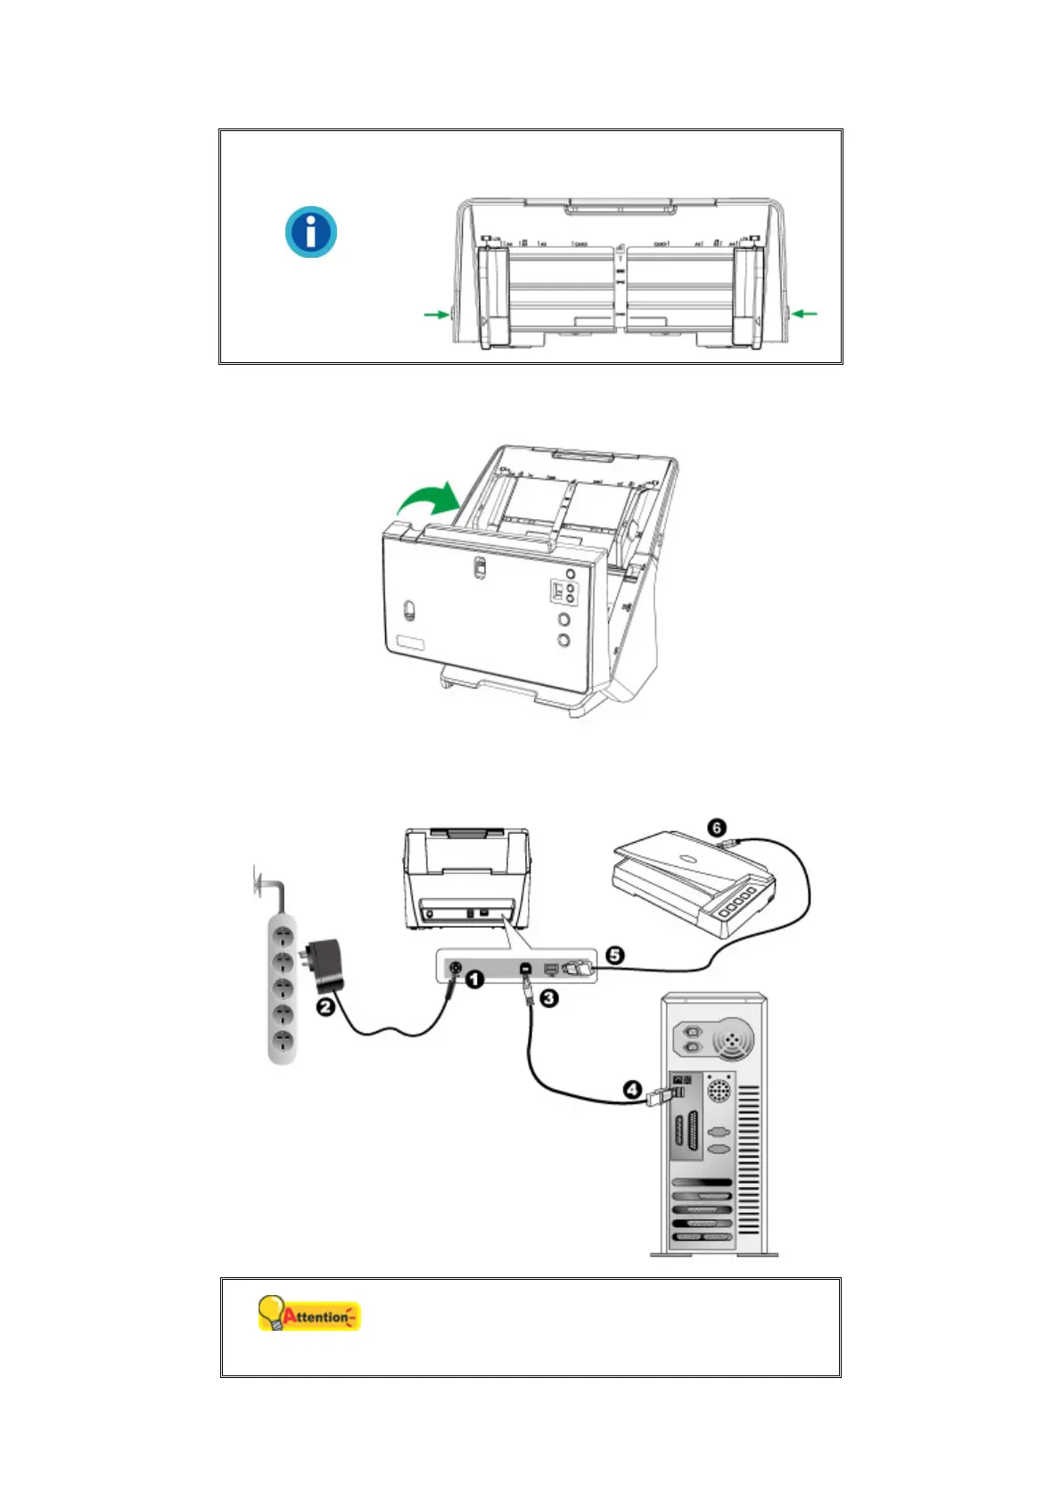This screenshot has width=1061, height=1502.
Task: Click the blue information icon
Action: [310, 232]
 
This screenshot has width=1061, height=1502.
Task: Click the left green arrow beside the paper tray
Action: [437, 314]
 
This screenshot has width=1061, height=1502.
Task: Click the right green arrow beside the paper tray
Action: [804, 313]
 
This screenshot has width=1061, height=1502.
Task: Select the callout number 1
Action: [475, 979]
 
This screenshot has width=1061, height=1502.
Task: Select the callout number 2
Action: [325, 1006]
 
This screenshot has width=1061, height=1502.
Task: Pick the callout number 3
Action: [549, 997]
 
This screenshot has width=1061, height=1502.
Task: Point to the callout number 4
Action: [631, 1089]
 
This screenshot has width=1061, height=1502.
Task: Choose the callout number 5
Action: [614, 955]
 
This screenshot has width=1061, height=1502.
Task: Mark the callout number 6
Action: [717, 829]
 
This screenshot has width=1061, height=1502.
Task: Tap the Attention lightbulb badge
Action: [308, 1315]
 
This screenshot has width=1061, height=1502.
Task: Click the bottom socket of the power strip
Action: [284, 1040]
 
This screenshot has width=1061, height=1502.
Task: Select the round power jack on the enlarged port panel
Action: [455, 968]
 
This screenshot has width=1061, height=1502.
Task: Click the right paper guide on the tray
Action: [747, 296]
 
